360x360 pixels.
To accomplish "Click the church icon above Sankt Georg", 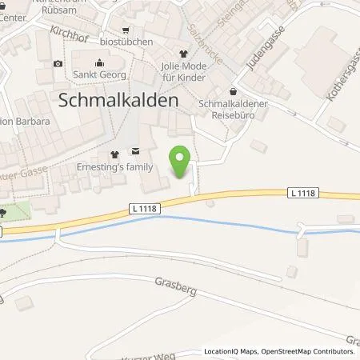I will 98,62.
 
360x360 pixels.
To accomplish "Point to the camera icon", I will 58,63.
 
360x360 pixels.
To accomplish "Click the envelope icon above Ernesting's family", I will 134,150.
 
